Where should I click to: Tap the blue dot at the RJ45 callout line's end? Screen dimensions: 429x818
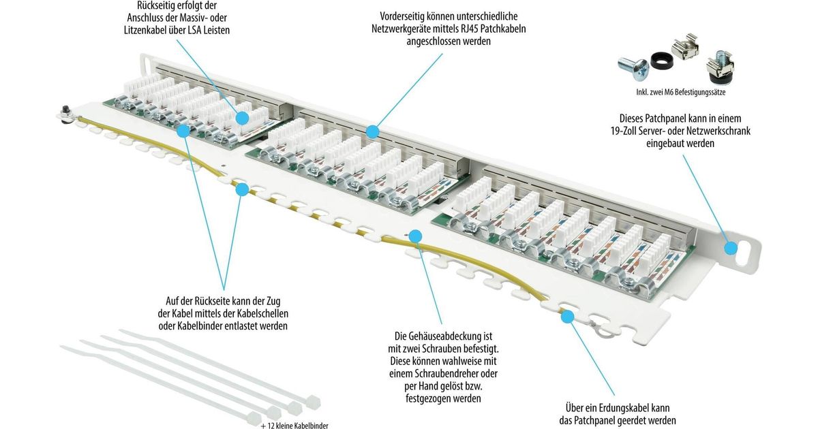coord(372,131)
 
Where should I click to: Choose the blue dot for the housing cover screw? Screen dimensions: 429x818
coord(414,236)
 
